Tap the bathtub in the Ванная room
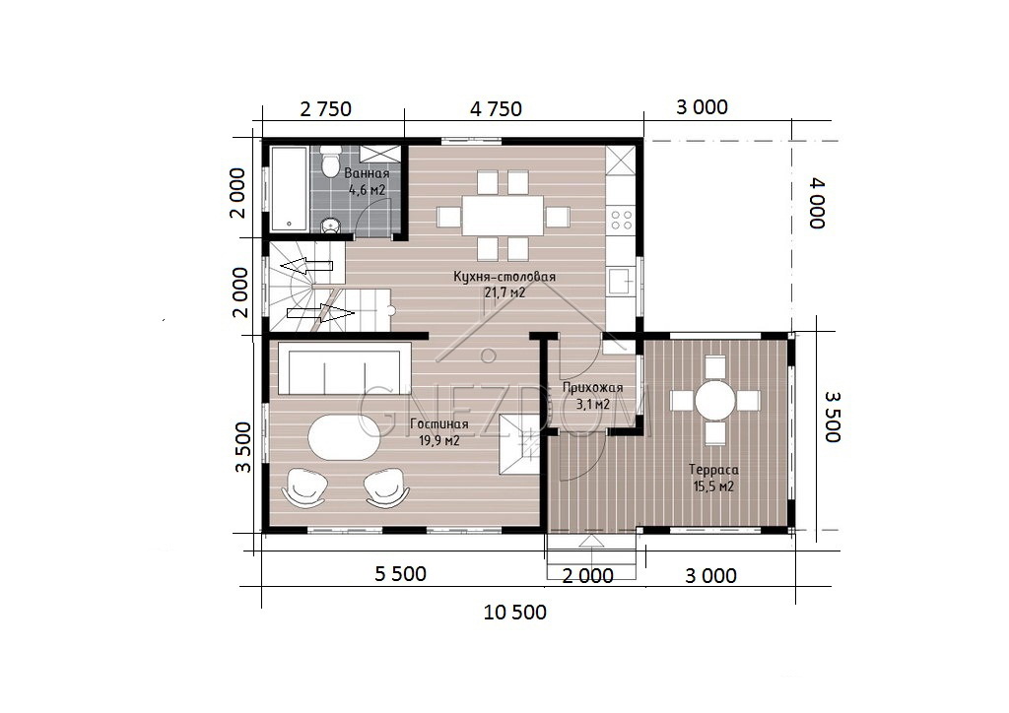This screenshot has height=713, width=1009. pos(290,188)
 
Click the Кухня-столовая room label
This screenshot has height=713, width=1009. pos(504,277)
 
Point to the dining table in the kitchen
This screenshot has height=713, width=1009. pos(504,216)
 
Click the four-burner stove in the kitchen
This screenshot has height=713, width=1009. pos(622,219)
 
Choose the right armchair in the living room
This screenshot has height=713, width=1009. pos(386,486)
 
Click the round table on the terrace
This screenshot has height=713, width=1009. pos(715,401)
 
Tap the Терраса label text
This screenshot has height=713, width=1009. pos(713,470)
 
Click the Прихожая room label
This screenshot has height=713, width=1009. pos(592,388)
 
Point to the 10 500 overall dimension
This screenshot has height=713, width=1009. pos(514,613)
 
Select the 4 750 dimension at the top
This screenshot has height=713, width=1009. pos(496,109)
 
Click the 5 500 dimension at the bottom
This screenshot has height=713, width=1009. pos(400,573)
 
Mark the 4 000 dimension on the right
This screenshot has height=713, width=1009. pos(817,203)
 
